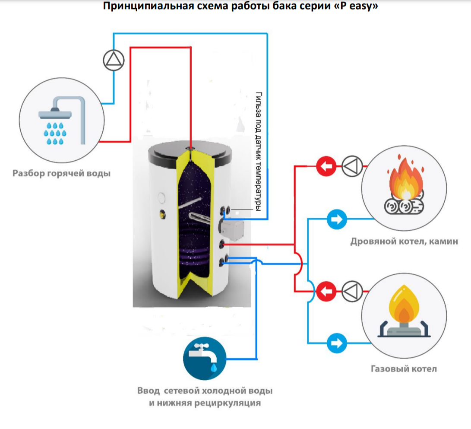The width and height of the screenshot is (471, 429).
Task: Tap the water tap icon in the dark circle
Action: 205,358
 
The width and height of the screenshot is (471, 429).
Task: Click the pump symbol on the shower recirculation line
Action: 114,60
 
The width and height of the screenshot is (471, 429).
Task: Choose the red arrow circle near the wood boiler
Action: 326,165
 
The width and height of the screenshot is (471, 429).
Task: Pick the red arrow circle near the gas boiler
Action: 326,291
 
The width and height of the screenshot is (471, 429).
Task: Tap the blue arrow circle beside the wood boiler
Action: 337,219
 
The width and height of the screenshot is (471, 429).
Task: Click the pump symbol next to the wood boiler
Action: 352,165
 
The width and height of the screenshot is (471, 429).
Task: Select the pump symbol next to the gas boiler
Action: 352,291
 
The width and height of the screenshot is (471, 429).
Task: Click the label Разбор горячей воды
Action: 61,174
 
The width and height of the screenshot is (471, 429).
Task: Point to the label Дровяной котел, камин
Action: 404,241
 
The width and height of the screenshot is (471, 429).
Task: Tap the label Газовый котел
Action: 404,369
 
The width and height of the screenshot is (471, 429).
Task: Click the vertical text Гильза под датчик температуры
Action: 258,151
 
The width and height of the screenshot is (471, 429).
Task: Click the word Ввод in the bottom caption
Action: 148,391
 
